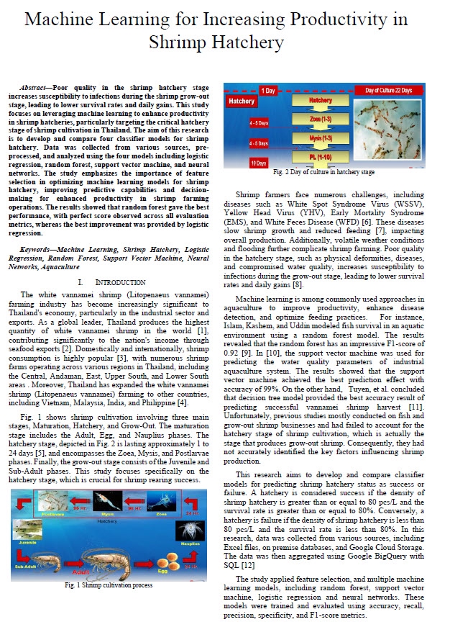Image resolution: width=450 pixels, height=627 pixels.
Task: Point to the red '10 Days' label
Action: pos(239,163)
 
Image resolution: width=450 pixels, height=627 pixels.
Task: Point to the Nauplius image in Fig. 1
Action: pos(191,530)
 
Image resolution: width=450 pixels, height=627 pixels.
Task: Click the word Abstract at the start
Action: pos(36,85)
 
